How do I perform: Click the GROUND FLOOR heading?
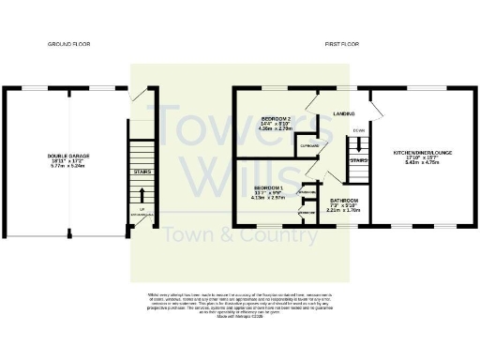coord(67,44)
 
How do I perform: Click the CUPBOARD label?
coord(309,147)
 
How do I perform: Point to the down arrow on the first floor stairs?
coord(358,129)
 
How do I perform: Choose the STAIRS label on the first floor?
coord(358,160)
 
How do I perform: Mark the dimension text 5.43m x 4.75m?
coord(422,162)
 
